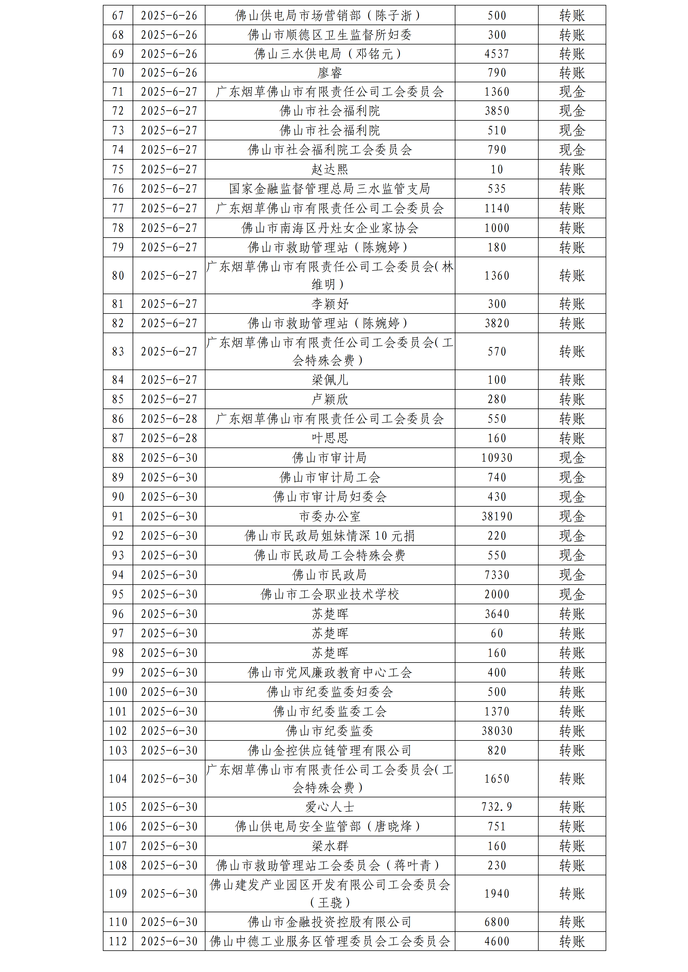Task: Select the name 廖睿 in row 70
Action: click(x=330, y=73)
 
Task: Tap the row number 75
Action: click(x=118, y=169)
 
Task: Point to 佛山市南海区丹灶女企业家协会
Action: click(x=330, y=228)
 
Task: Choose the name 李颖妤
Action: click(x=330, y=303)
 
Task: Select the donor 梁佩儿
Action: click(x=330, y=380)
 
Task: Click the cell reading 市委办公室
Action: click(x=330, y=516)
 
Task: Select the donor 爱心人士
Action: click(x=330, y=807)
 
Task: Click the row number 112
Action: click(x=118, y=941)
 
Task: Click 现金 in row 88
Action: click(x=572, y=458)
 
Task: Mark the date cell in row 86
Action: click(x=169, y=419)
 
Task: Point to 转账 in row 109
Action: click(x=572, y=893)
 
